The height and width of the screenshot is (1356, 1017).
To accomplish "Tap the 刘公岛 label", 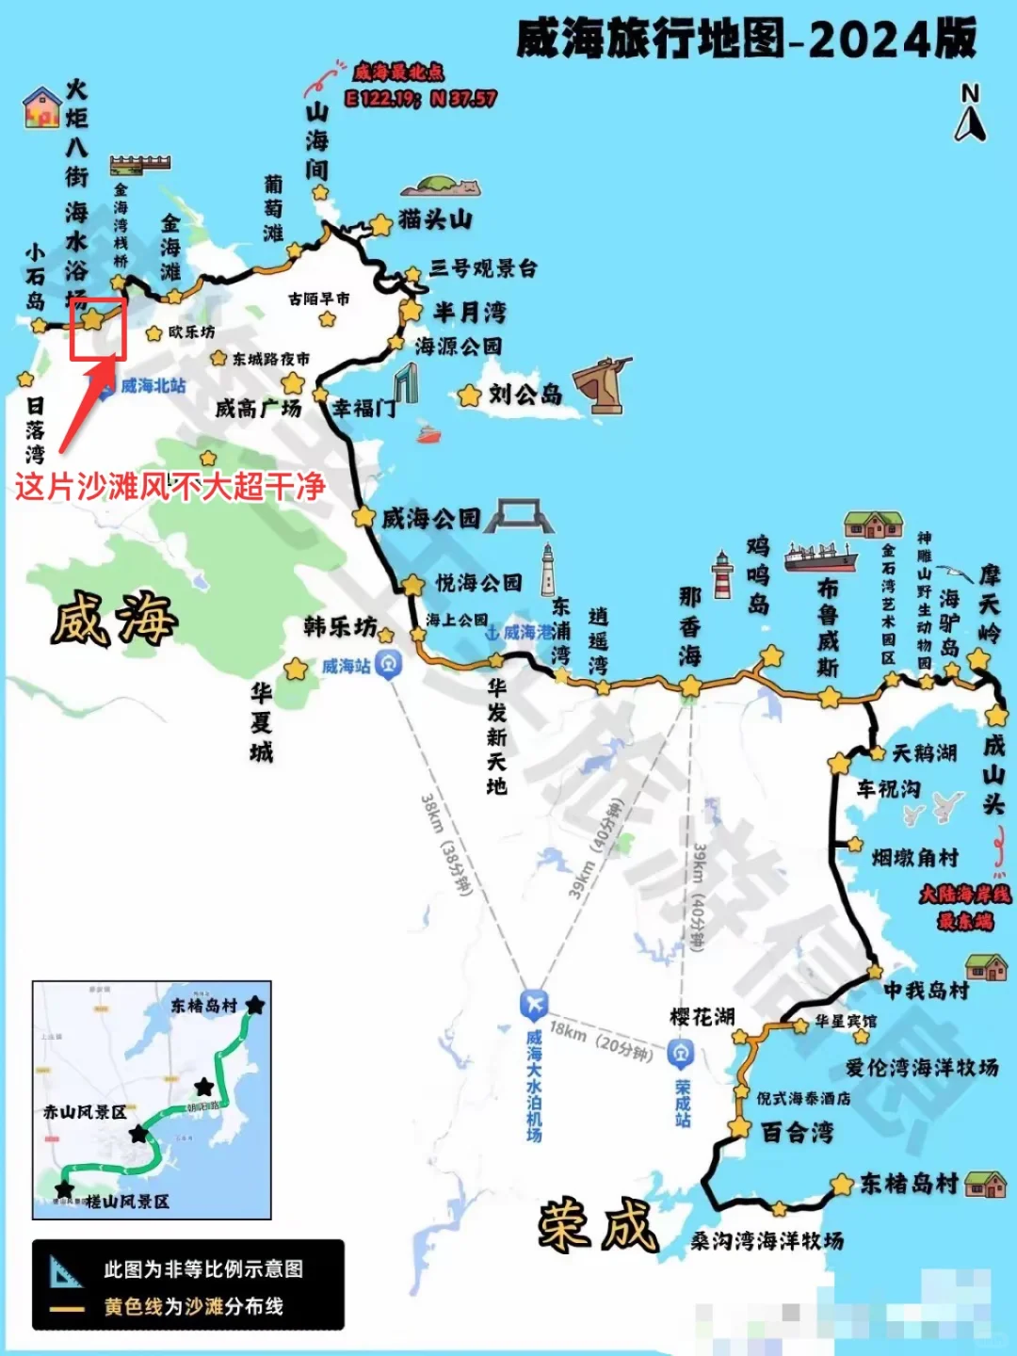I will tap(525, 395).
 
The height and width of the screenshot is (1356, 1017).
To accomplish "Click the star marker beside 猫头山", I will tap(380, 225).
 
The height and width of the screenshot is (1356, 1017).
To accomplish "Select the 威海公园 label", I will tap(430, 518).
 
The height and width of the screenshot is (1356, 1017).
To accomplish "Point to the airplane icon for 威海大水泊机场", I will tap(534, 1004).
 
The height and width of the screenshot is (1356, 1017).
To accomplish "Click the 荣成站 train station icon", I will tap(681, 1053).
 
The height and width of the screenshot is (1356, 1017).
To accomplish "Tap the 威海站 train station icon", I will tap(388, 664).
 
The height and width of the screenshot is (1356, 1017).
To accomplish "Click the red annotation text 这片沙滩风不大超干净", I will tap(169, 486).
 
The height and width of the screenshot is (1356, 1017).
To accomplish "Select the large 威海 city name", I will tap(114, 620).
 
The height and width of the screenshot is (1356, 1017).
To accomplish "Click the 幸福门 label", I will tap(363, 409).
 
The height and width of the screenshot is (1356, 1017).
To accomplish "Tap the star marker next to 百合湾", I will tap(740, 1127).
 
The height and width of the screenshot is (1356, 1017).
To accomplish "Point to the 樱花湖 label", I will tap(702, 1017).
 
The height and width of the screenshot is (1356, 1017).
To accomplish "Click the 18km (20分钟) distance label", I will tap(601, 1041).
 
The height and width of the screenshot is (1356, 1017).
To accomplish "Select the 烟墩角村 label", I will tap(914, 858).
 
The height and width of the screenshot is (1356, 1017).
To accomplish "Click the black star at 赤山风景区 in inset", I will tap(139, 1134).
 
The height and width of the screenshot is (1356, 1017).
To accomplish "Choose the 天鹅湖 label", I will tap(924, 753).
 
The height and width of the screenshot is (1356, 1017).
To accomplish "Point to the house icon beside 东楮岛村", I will tap(985, 1184).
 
